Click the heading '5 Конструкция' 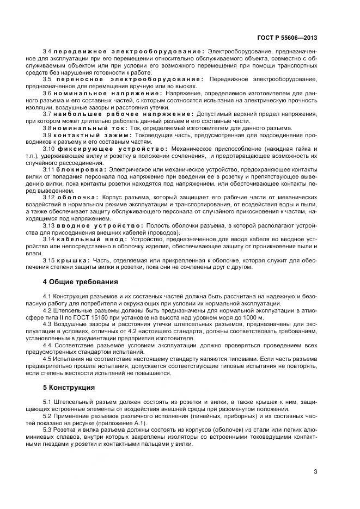pos(69,388)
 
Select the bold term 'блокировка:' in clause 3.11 pos(82,169)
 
